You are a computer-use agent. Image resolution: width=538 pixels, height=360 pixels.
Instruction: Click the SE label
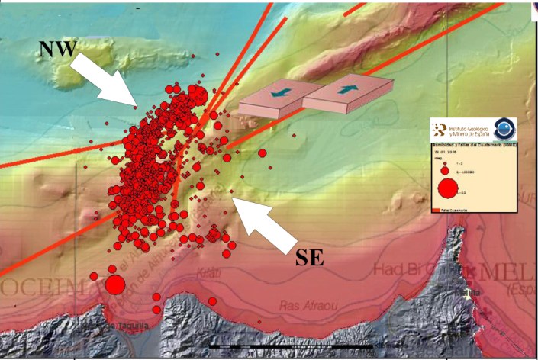pos(309,257)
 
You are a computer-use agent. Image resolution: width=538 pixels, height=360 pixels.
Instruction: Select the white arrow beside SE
pos(264,221)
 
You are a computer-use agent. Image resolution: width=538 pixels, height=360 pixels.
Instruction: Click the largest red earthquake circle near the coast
pos(114,285)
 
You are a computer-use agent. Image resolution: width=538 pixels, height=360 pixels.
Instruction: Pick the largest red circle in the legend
pos(447,188)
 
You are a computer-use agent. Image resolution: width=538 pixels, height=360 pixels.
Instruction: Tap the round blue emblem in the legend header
pos(504,129)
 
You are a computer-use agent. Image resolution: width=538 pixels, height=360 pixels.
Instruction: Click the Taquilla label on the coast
pos(126,327)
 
